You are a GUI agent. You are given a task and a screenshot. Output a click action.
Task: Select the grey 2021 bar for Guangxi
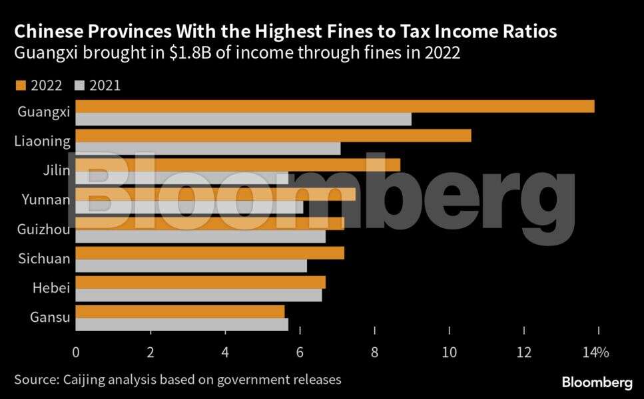(x=243, y=120)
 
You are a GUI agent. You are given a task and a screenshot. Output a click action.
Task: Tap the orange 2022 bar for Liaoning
(x=273, y=136)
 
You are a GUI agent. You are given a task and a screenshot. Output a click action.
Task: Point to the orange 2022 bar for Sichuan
(x=210, y=253)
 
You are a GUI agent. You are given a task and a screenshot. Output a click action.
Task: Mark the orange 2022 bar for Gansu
(x=180, y=311)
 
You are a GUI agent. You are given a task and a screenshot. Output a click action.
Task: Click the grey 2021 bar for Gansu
(x=182, y=325)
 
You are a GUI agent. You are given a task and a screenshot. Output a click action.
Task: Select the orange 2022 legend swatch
(x=19, y=85)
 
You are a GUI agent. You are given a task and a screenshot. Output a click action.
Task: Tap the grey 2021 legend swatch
(x=81, y=85)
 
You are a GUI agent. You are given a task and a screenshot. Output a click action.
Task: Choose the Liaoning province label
(x=42, y=141)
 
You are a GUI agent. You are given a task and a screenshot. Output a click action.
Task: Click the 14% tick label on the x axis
(x=596, y=352)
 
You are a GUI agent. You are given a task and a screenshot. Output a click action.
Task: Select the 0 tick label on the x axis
(x=76, y=352)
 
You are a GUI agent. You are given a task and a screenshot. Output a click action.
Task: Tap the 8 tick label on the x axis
(x=375, y=352)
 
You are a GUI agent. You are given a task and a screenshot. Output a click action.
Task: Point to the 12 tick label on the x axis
(x=524, y=352)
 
